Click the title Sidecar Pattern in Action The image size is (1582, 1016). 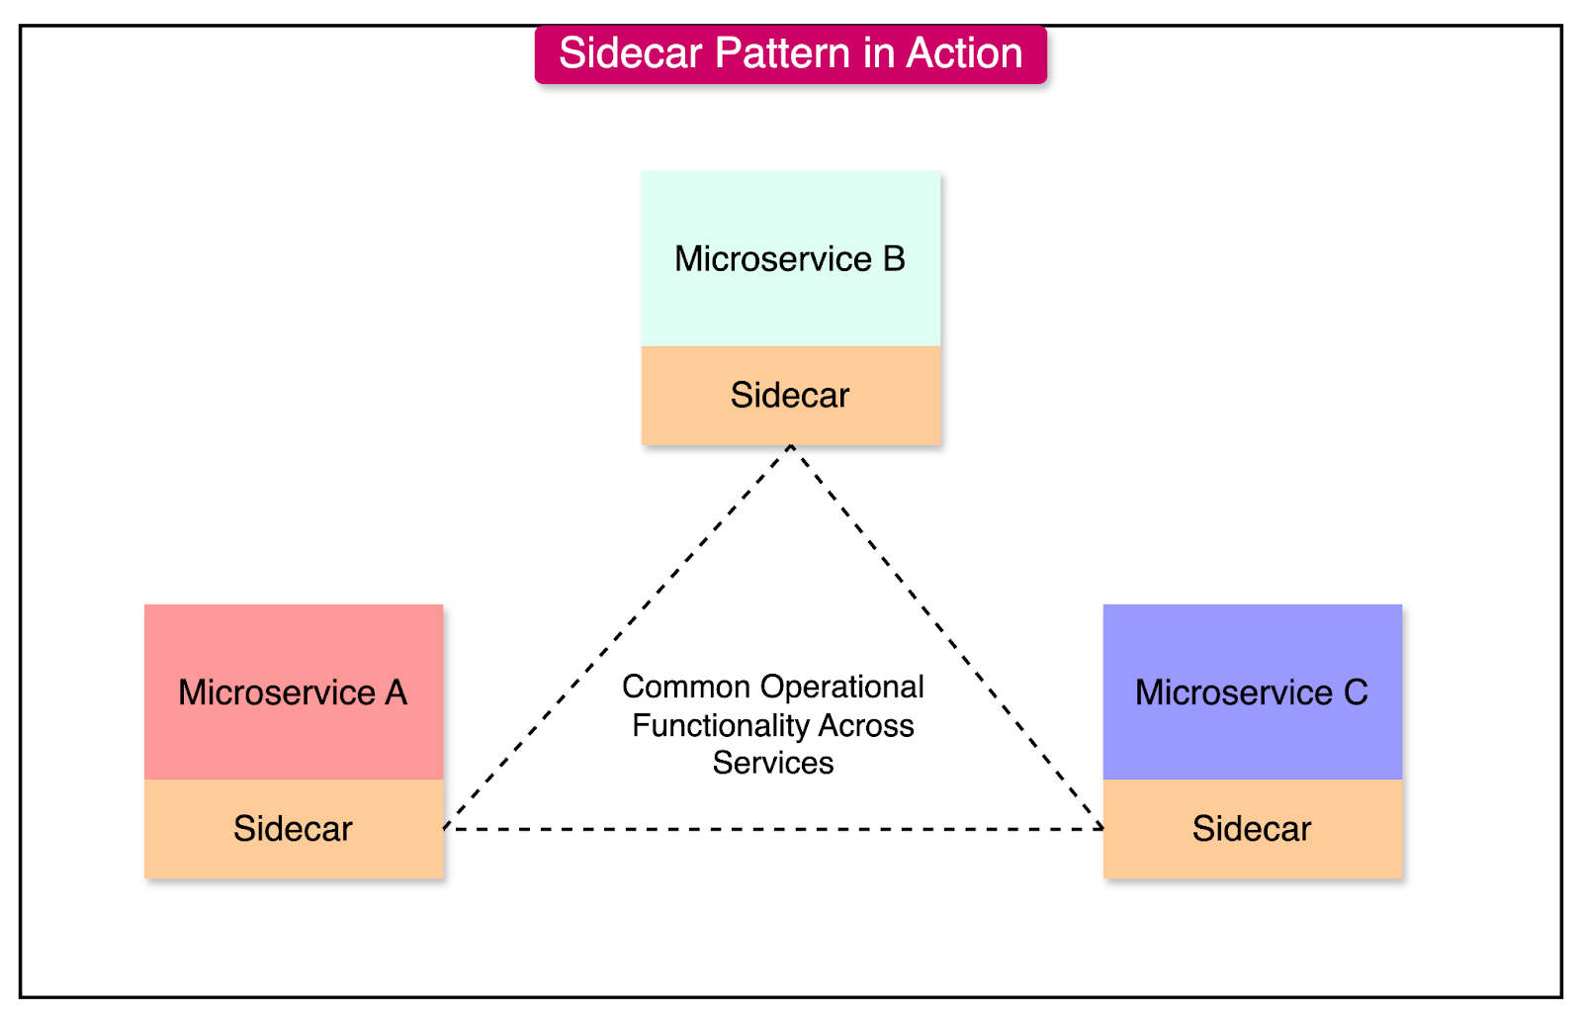790,53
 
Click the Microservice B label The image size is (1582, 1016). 789,259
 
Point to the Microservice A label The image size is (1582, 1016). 293,693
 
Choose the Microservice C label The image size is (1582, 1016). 1252,693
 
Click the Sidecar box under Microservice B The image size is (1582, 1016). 790,396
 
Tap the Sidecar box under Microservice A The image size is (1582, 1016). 293,829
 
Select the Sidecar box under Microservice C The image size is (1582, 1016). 1252,829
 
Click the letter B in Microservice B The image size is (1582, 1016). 894,259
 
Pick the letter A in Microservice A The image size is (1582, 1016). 396,693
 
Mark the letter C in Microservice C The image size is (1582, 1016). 1356,693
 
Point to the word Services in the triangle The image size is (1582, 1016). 773,763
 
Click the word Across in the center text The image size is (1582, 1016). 866,725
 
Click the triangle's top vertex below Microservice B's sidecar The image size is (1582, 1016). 791,447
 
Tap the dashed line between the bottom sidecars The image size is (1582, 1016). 773,829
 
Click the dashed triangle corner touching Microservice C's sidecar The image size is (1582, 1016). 1101,828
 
